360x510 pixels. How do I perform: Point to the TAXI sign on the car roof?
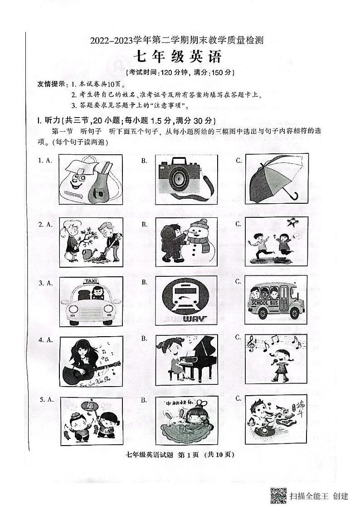pos(92,281)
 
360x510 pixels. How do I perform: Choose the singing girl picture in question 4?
pos(276,359)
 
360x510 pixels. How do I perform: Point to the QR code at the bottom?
pos(278,495)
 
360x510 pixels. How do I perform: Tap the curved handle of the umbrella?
pos(293,196)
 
